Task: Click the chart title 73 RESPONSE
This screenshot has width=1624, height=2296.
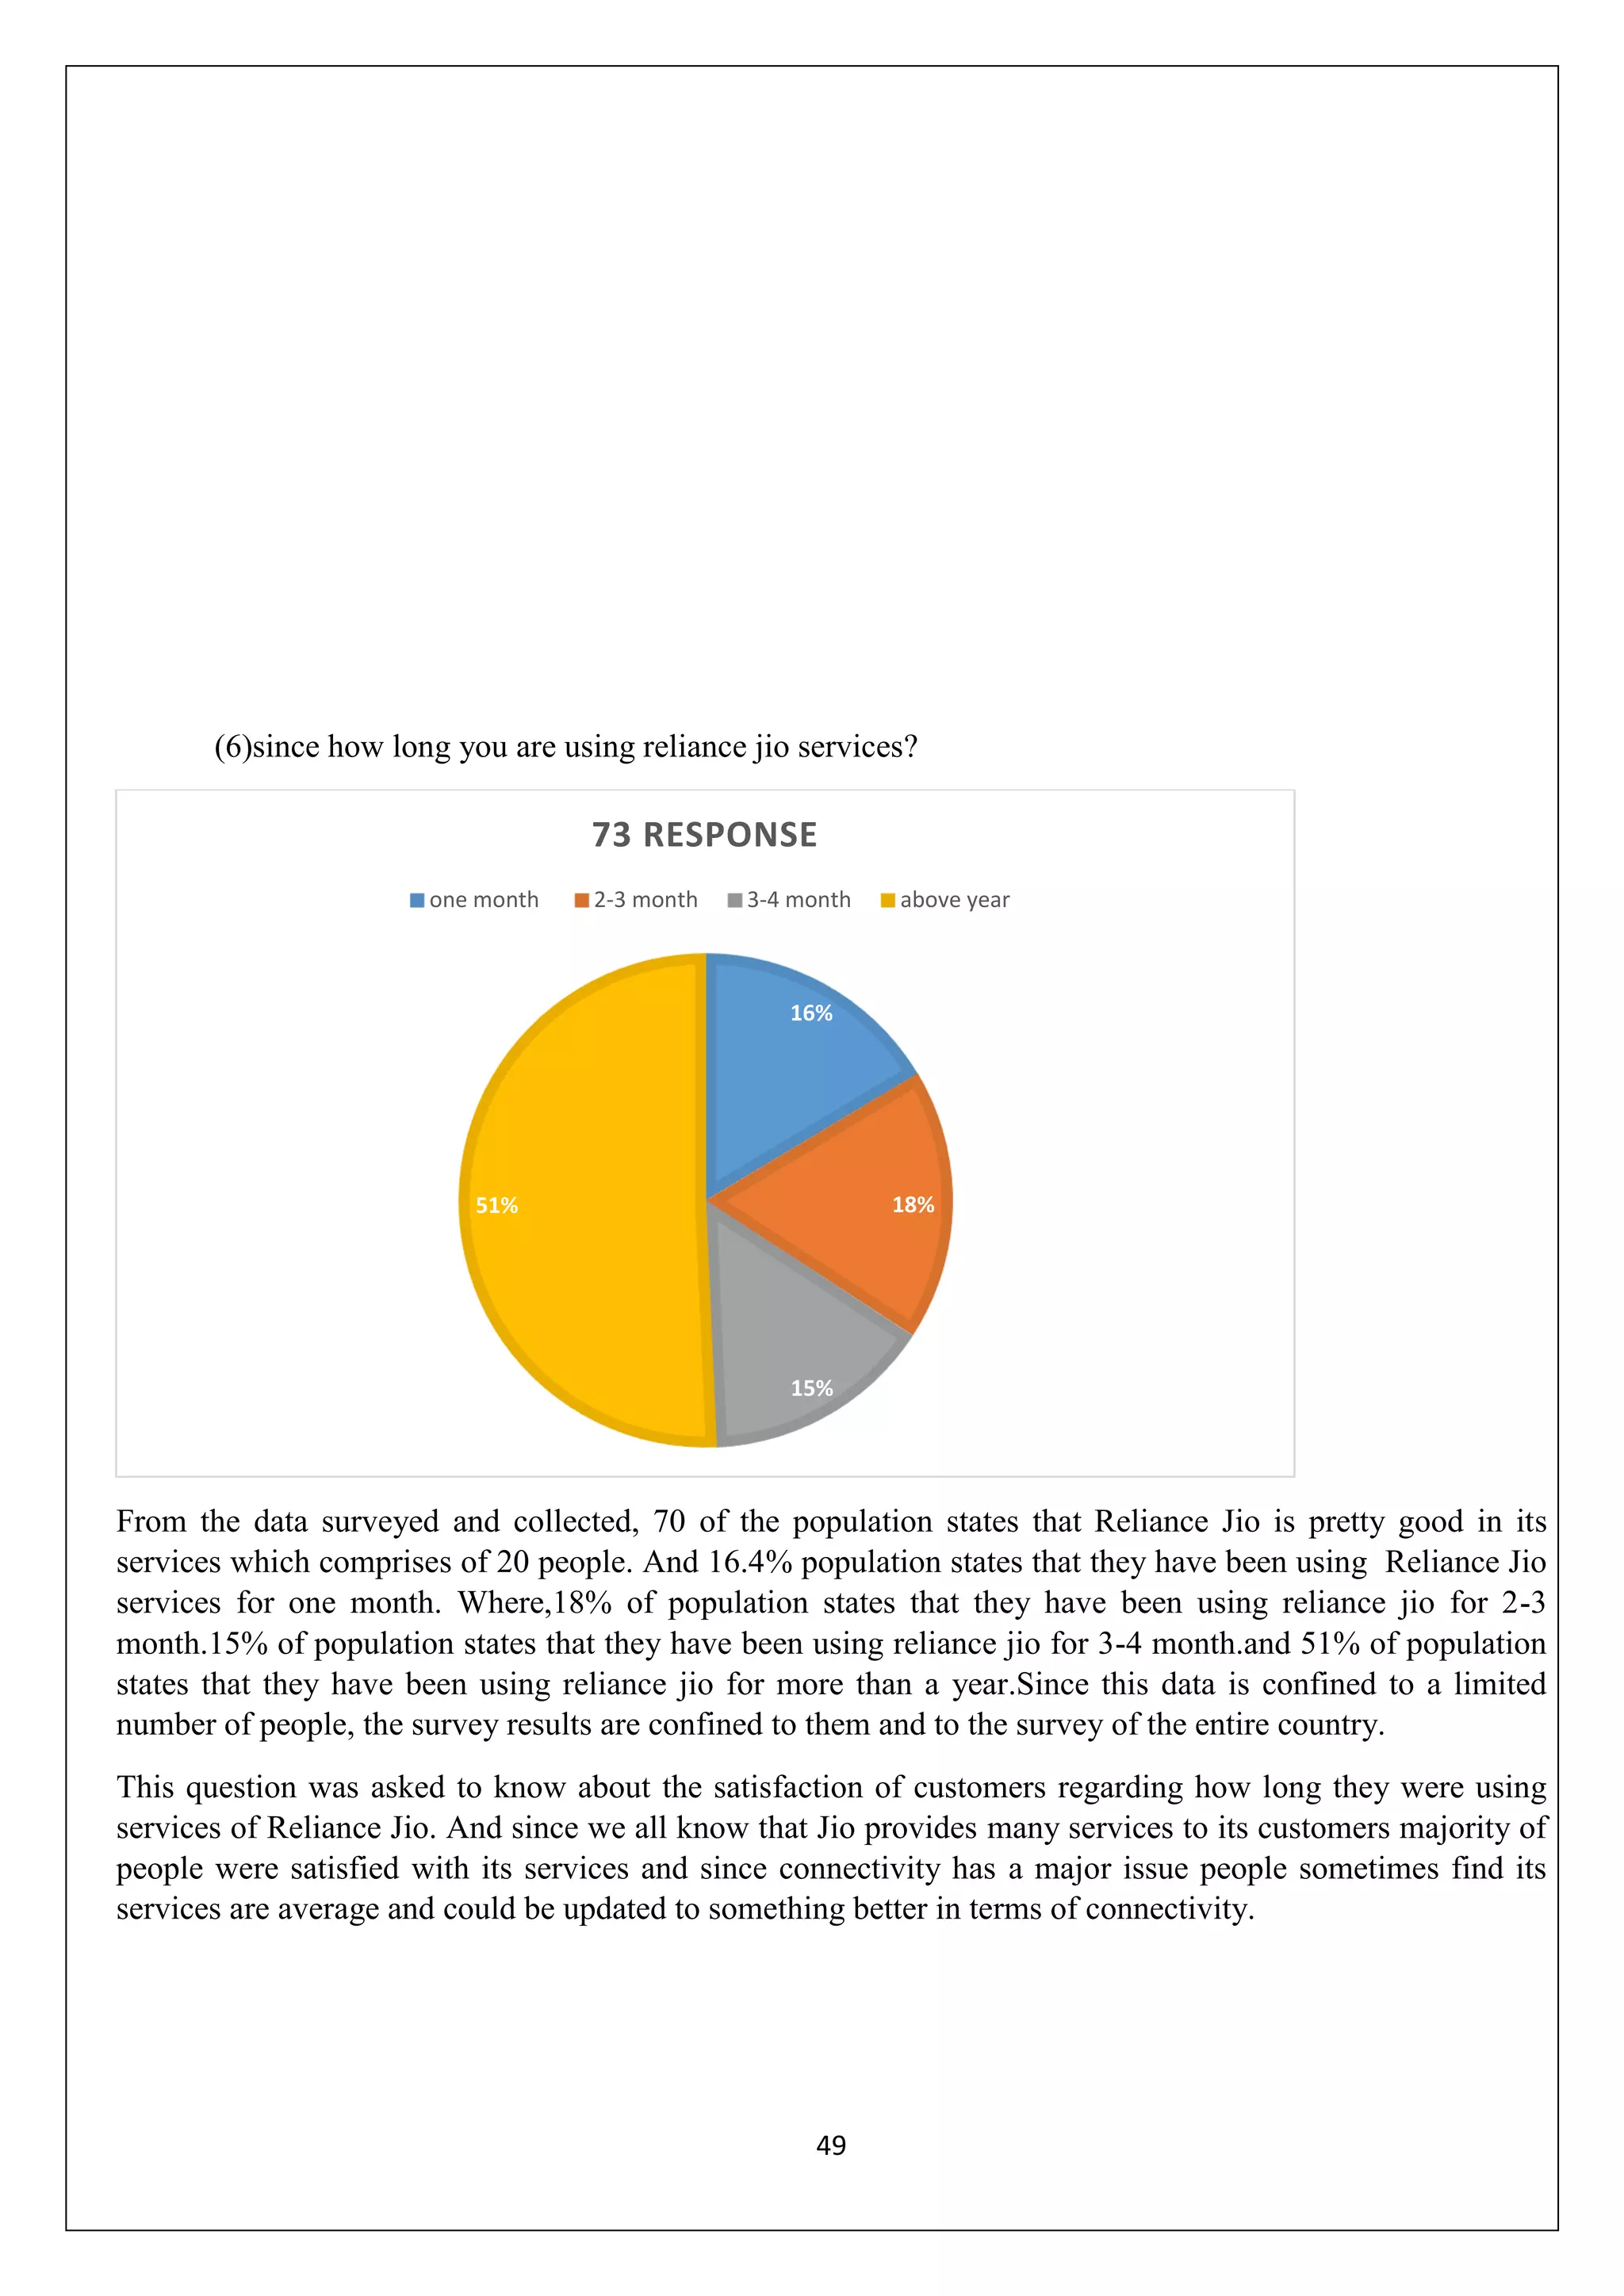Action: pos(704,834)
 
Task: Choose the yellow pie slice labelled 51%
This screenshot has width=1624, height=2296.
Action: pos(590,1200)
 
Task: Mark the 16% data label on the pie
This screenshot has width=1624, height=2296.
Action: pos(811,1013)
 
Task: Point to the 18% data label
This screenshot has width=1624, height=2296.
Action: pos(912,1205)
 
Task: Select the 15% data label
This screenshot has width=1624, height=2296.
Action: pos(811,1388)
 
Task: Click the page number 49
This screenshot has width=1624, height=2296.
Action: pos(831,2146)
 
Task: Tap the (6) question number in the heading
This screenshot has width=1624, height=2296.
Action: pos(232,747)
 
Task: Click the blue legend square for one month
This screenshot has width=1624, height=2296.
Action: pos(417,900)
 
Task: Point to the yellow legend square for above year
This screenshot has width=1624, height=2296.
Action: pos(887,900)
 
